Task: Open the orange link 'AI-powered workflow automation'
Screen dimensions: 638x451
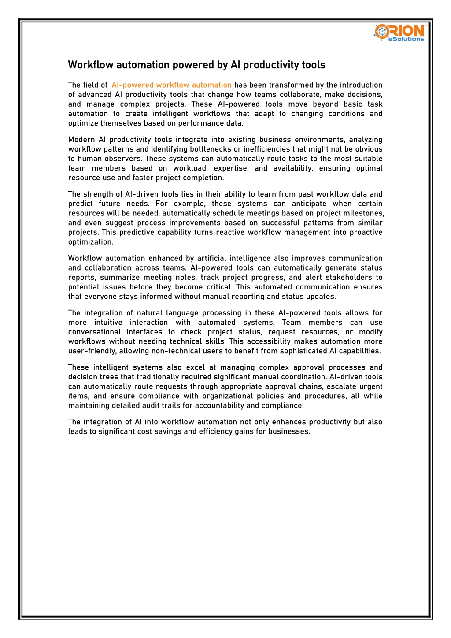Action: tap(171, 85)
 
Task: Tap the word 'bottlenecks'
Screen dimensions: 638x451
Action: tap(210, 149)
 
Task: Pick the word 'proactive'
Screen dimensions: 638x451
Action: tap(366, 233)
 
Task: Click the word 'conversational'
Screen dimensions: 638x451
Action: tap(94, 332)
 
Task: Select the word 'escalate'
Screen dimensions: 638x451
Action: tap(341, 387)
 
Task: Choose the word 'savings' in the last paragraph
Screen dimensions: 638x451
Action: tap(168, 432)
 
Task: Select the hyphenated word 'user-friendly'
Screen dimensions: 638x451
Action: tap(92, 351)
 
